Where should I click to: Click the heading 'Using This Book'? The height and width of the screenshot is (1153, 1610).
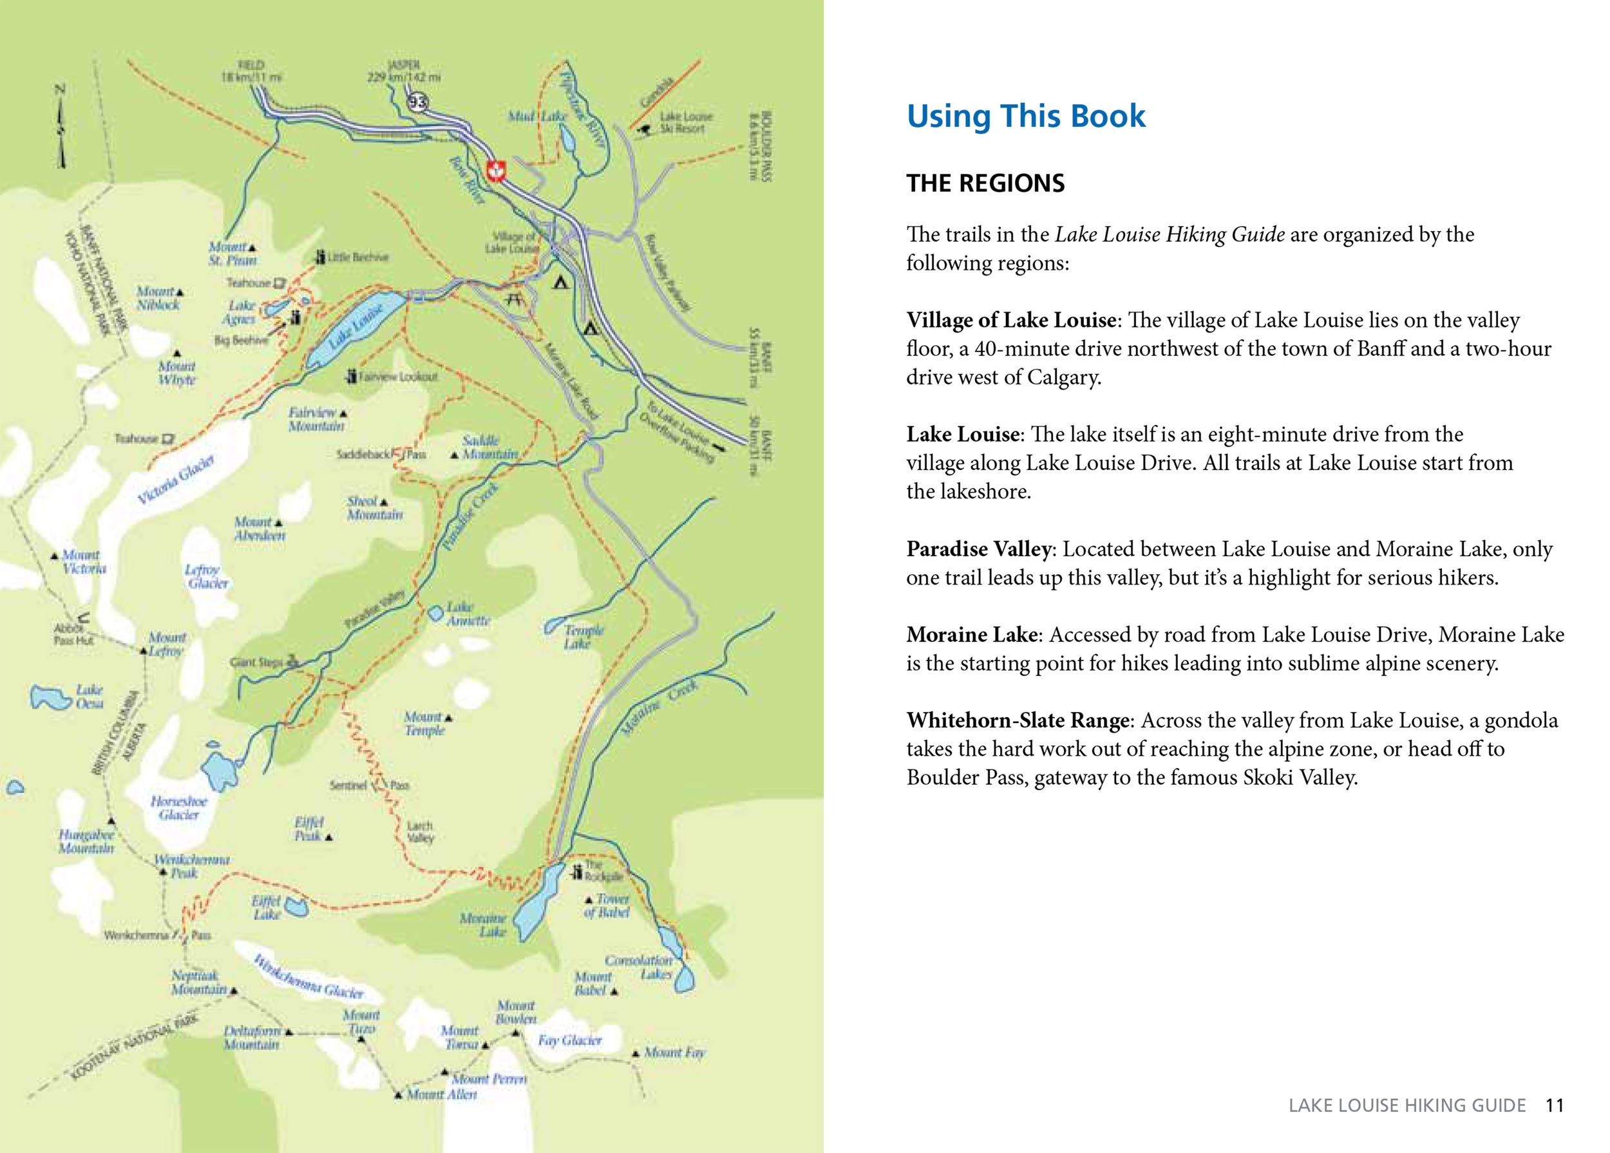click(x=1025, y=117)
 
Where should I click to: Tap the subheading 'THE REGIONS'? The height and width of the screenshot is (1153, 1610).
click(x=985, y=183)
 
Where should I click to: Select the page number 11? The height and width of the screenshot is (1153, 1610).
click(x=1554, y=1105)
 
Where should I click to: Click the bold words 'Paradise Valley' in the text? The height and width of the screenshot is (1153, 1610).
click(x=978, y=548)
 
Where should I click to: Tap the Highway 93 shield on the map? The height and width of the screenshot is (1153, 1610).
click(x=417, y=102)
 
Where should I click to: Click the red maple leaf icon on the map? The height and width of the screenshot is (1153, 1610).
click(x=495, y=171)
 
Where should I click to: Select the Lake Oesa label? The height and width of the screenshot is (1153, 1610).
click(x=90, y=696)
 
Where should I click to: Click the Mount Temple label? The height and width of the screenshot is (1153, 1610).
click(x=424, y=723)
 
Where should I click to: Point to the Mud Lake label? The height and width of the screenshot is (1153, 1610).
click(x=536, y=116)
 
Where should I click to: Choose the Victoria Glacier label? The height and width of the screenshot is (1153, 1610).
click(x=175, y=480)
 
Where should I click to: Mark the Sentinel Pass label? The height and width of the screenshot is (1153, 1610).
click(x=369, y=785)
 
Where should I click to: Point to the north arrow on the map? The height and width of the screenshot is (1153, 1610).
click(x=61, y=127)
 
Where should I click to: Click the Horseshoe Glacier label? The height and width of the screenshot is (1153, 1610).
click(x=179, y=807)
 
